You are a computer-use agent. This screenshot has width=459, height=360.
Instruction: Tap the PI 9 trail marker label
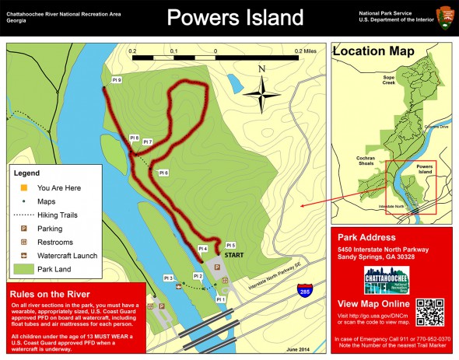tap(116, 79)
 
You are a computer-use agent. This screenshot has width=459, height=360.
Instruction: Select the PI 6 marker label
tap(163, 172)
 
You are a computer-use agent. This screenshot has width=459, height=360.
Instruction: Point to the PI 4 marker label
tap(202, 248)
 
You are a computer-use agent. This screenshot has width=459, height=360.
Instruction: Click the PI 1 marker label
tap(220, 299)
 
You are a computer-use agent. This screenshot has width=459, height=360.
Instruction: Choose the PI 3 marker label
tap(168, 278)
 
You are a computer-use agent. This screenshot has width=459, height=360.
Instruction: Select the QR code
tap(429, 312)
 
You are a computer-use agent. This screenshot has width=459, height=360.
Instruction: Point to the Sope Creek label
tap(391, 79)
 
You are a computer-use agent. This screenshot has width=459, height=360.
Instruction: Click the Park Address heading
tap(366, 237)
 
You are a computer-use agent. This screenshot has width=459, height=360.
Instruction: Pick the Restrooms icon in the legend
tap(23, 243)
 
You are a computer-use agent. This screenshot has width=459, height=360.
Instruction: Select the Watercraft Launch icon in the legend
tap(23, 256)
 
